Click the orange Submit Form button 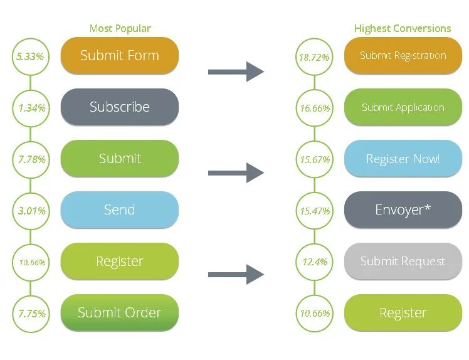119,55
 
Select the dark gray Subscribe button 119,107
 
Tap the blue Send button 119,209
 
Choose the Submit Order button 119,312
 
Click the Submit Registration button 403,55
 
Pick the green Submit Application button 403,107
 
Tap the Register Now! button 403,158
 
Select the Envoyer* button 403,209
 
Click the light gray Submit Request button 403,261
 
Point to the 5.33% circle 30,56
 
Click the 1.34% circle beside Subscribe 30,108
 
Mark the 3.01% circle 30,211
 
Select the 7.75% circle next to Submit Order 30,313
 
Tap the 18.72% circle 314,56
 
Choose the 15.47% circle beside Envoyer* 314,211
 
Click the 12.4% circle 314,262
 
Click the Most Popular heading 120,28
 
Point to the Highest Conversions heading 402,28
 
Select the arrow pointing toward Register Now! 236,172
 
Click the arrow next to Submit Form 236,71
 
